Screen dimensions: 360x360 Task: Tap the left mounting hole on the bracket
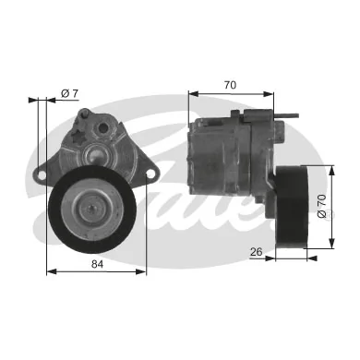(x=42, y=173)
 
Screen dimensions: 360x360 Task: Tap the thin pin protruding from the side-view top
(x=294, y=114)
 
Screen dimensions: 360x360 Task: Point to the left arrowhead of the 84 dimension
(x=49, y=272)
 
